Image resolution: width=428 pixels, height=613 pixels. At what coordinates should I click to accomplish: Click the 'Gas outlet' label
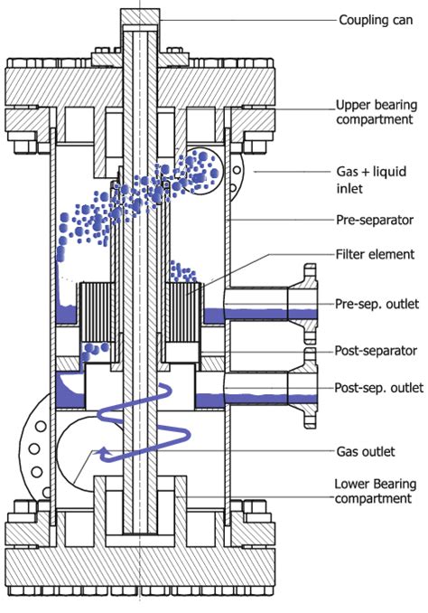(361, 450)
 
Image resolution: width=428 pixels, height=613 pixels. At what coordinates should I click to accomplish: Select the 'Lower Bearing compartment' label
(373, 492)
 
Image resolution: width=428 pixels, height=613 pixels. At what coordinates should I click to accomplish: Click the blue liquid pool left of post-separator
(67, 391)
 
